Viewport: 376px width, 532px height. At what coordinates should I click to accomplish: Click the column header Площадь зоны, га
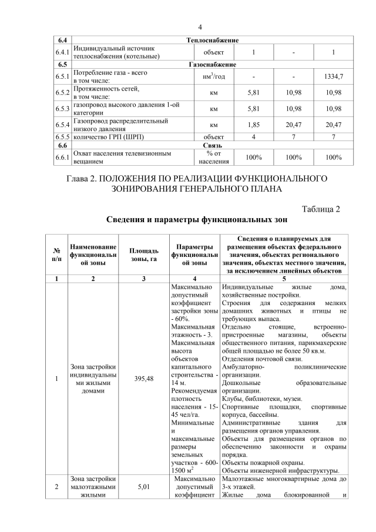pyautogui.click(x=144, y=256)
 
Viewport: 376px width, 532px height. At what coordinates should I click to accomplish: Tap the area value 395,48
pyautogui.click(x=144, y=379)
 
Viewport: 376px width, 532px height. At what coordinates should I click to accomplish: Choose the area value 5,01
pyautogui.click(x=144, y=487)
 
